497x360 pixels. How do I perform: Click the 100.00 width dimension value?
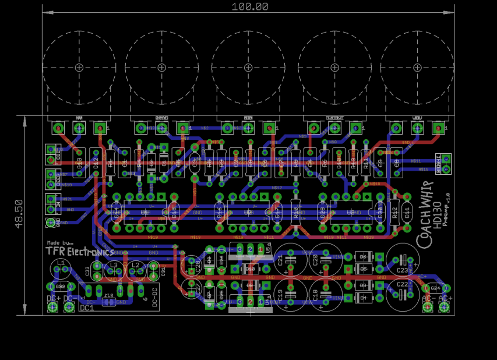click(x=249, y=7)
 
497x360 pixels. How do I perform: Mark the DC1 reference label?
click(x=86, y=308)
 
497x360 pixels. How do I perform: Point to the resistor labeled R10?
click(x=295, y=212)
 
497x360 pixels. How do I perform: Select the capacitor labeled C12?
click(x=96, y=163)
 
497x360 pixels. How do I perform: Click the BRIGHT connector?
click(x=446, y=163)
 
